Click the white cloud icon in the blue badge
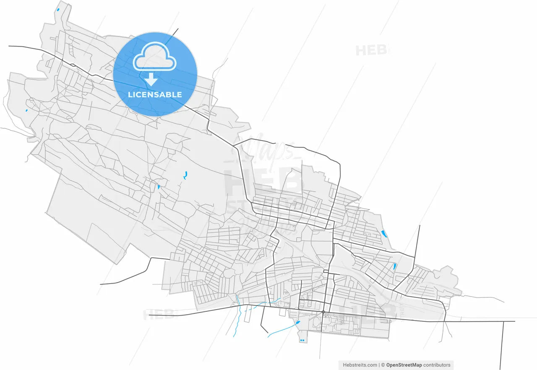(154, 57)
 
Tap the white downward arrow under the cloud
(151, 79)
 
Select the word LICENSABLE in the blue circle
(155, 95)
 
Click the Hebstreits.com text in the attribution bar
(360, 365)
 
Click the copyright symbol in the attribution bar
(383, 365)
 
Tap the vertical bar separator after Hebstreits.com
(379, 365)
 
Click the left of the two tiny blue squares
(301, 340)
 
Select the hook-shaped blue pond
(185, 175)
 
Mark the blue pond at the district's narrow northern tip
(58, 9)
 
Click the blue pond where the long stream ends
(298, 323)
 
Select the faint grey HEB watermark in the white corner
(371, 50)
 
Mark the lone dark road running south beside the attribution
(503, 344)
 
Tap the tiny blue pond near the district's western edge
(26, 111)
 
